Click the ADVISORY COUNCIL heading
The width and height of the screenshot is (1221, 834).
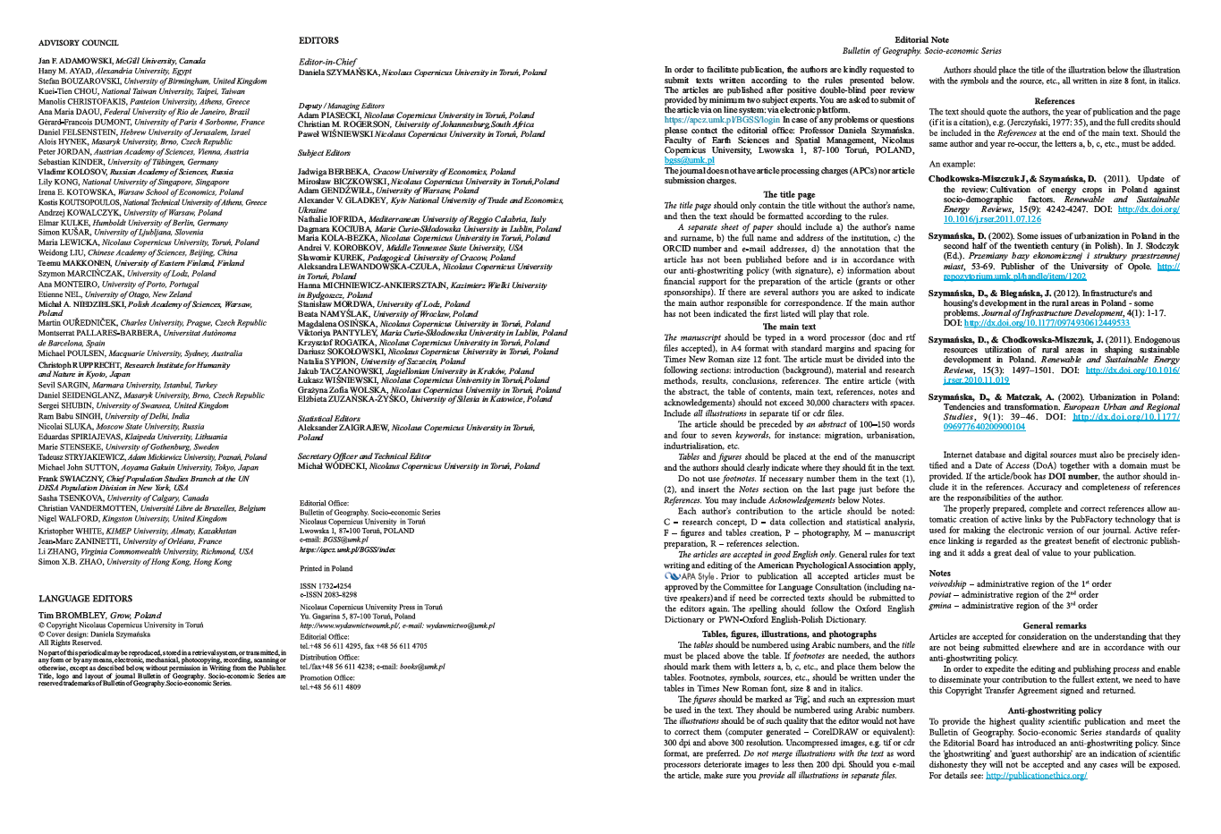(x=79, y=42)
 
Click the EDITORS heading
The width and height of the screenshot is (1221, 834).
(x=318, y=40)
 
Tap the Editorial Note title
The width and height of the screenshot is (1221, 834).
(x=921, y=40)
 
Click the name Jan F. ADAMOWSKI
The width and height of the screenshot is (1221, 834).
(x=76, y=60)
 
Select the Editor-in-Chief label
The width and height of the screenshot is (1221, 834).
(x=327, y=62)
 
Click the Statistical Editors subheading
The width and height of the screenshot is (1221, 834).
(x=328, y=418)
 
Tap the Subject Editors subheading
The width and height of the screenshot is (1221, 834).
(x=324, y=154)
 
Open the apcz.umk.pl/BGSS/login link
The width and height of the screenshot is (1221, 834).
(x=722, y=119)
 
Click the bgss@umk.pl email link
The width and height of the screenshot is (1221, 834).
(x=683, y=160)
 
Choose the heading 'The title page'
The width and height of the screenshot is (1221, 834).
(x=789, y=194)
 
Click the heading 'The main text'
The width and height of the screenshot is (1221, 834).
(x=789, y=327)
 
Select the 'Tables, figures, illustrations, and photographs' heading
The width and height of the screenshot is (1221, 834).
(x=789, y=634)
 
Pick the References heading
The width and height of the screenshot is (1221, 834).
(x=1054, y=101)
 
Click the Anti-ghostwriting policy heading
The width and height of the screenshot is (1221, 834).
(x=1054, y=711)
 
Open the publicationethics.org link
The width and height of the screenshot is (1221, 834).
(x=1036, y=775)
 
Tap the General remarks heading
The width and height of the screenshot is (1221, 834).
(x=1054, y=625)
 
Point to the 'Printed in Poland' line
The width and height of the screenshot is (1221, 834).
(x=326, y=568)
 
